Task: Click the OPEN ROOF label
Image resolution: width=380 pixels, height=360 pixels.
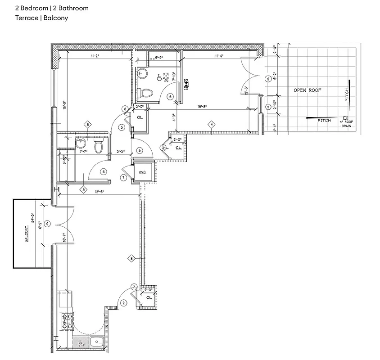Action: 308,90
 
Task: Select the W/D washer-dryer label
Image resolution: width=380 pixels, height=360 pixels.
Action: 142,173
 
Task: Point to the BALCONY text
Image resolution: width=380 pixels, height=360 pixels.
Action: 27,234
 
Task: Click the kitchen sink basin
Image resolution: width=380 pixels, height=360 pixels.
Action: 96,343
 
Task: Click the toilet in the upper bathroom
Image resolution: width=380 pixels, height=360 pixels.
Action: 146,93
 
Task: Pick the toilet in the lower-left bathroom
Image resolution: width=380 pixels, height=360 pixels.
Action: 99,146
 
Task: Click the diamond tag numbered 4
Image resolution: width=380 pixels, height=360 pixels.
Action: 210,124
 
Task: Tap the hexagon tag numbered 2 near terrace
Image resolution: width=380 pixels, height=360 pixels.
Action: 268,107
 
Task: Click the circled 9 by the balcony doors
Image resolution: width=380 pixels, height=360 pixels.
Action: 48,224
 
